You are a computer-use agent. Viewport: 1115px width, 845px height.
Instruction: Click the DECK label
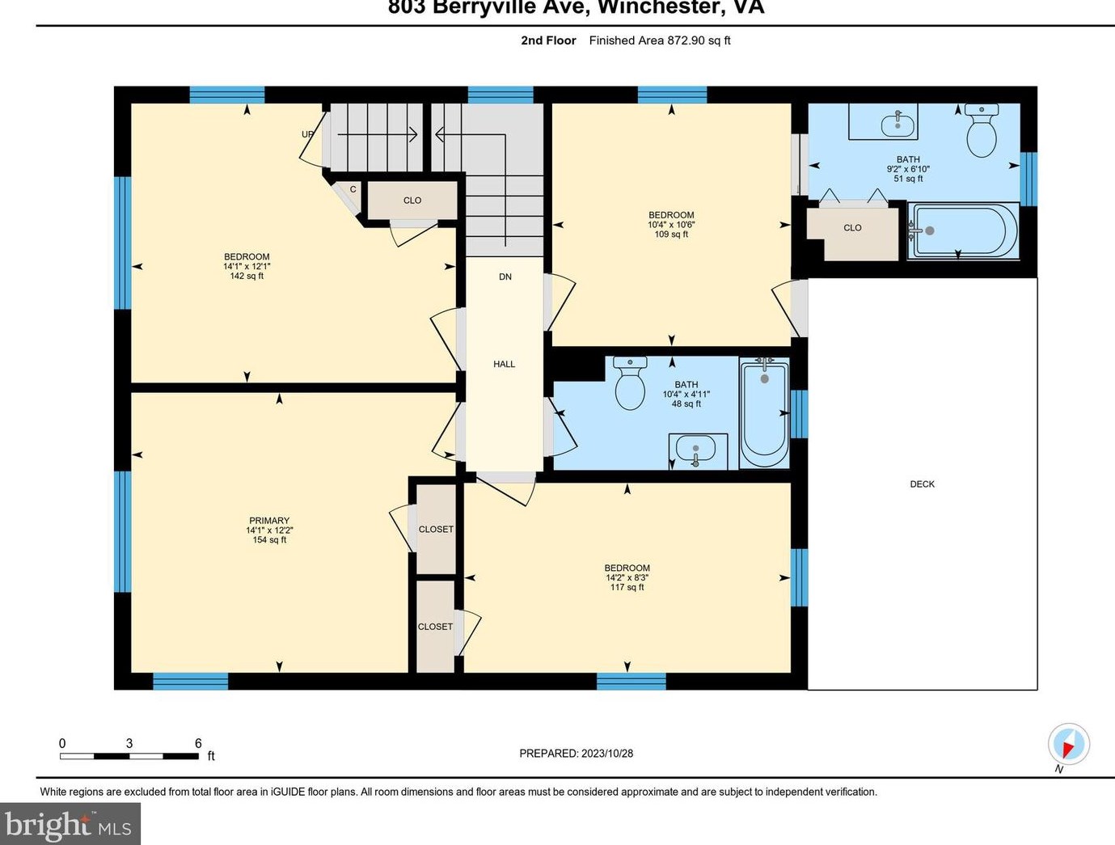(922, 484)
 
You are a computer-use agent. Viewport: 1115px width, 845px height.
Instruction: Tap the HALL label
(504, 364)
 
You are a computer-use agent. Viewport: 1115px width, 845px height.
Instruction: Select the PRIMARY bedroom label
(269, 521)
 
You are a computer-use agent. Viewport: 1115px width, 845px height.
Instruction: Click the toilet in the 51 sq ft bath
(982, 130)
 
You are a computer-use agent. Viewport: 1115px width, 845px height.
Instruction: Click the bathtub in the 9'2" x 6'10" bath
(964, 231)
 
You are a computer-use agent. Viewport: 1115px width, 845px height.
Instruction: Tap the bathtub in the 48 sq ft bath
(765, 413)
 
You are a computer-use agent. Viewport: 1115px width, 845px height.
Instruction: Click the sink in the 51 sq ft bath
(897, 122)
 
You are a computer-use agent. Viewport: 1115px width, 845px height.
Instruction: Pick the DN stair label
(505, 277)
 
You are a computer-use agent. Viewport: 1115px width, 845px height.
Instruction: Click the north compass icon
(1069, 744)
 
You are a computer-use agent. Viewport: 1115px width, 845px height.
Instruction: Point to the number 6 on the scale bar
(198, 743)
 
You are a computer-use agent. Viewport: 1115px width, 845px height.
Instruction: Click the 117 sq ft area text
(627, 587)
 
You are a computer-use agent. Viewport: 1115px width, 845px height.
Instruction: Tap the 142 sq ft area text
(247, 276)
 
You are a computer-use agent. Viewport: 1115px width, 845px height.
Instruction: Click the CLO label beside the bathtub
(852, 227)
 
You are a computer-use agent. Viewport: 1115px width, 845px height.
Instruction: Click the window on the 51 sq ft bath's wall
(1028, 180)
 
